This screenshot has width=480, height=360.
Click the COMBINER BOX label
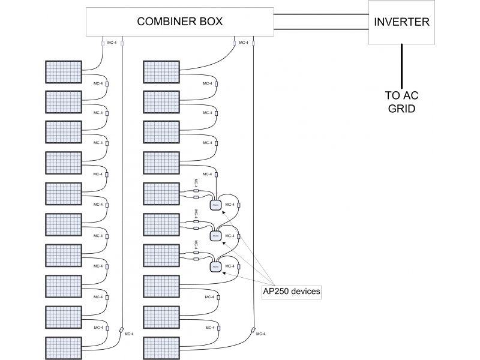tap(180, 22)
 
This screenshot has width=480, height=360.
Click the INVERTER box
tap(401, 22)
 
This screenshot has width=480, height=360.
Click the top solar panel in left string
tap(64, 71)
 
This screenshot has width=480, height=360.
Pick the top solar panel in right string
tap(161, 71)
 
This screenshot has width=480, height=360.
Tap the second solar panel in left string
tap(64, 102)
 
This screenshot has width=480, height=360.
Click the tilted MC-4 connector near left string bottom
tap(122, 330)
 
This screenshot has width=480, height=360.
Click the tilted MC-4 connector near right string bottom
tap(253, 330)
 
